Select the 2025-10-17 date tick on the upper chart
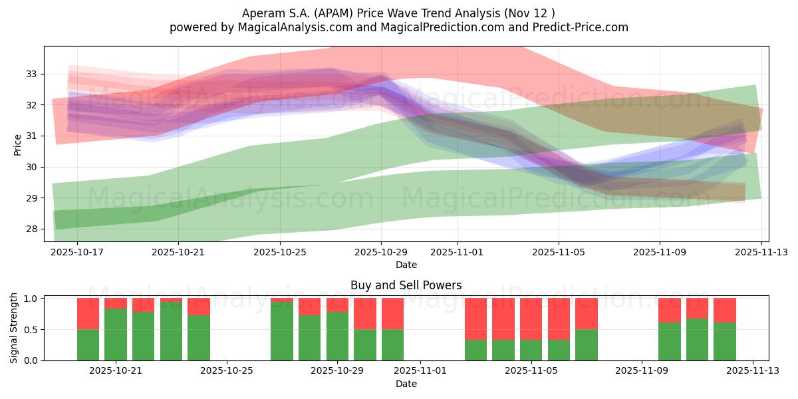pos(76,253)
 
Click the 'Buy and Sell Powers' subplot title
pos(406,286)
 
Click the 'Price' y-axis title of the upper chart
pos(18,144)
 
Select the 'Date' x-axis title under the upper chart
pos(406,265)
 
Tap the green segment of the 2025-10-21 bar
pos(116,334)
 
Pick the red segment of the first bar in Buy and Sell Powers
pos(88,313)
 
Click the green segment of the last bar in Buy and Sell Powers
pos(724,341)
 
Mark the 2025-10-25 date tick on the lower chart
pos(227,371)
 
